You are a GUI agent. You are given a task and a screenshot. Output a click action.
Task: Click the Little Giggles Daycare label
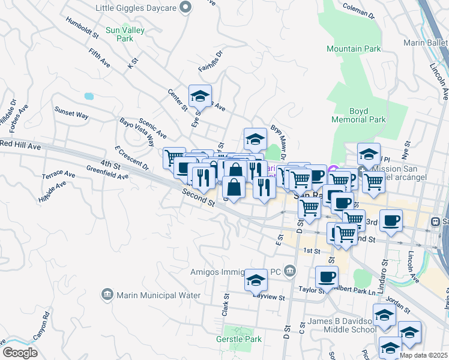pyautogui.click(x=137, y=7)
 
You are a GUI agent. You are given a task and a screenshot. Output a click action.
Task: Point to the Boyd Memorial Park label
pyautogui.click(x=359, y=115)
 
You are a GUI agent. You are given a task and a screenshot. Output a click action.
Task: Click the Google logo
pyautogui.click(x=20, y=353)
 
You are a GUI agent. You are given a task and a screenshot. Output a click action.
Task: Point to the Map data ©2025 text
pyautogui.click(x=423, y=355)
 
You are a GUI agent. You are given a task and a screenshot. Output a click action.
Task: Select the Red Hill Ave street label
pyautogui.click(x=20, y=145)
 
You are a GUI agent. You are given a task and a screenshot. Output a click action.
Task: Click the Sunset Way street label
pyautogui.click(x=71, y=113)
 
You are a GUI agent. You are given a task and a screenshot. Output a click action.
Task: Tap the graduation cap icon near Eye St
pyautogui.click(x=200, y=95)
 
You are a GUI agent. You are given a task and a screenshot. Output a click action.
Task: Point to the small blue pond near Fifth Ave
pyautogui.click(x=89, y=96)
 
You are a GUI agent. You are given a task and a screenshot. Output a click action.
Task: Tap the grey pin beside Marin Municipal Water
pyautogui.click(x=107, y=294)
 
